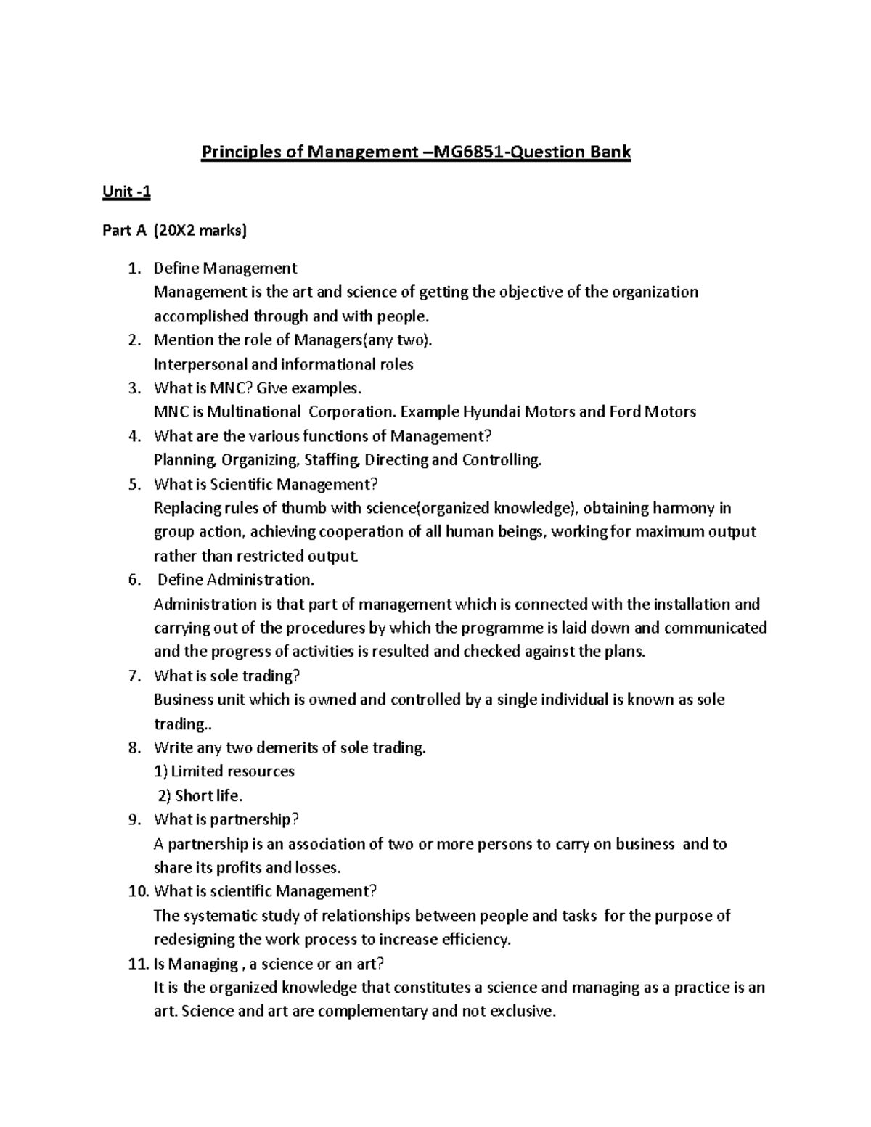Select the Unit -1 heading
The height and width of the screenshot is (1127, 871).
click(x=126, y=192)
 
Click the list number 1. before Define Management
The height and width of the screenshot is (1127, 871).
click(x=134, y=269)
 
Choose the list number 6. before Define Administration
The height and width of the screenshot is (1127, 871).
click(x=134, y=580)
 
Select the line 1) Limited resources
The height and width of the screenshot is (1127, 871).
click(x=224, y=771)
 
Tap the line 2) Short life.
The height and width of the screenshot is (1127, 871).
click(x=200, y=796)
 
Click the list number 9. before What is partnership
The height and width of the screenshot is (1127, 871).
click(x=134, y=819)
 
